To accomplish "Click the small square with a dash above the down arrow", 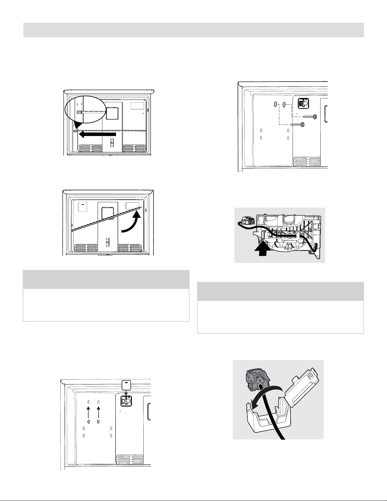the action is (126, 385).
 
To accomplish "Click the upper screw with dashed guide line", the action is (310, 117).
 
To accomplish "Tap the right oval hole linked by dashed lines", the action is (284, 104).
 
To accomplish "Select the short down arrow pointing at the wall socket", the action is (126, 393).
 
